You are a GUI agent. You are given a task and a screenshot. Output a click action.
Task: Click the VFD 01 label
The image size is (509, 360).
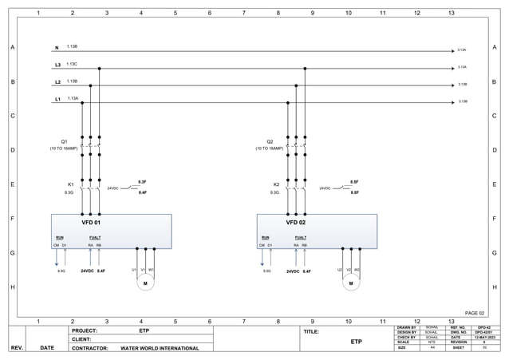(x=92, y=223)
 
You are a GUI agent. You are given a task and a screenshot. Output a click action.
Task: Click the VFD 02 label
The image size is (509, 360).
(x=297, y=223)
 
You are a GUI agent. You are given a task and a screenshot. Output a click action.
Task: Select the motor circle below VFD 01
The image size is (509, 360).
(x=145, y=282)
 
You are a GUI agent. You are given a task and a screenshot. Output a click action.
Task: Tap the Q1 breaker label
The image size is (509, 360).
(x=64, y=141)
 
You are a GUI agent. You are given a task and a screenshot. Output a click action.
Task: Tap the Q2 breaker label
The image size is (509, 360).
(x=270, y=141)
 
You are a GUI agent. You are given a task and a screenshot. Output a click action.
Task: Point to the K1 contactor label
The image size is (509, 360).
(x=70, y=184)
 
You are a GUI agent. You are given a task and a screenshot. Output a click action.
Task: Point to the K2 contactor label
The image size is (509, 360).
(x=275, y=184)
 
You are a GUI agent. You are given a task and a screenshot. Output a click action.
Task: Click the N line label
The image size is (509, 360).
(x=57, y=48)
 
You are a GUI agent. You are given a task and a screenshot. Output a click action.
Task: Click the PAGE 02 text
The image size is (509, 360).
(x=475, y=313)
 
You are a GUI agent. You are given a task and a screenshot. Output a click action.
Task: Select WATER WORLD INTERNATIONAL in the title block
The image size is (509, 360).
(x=160, y=348)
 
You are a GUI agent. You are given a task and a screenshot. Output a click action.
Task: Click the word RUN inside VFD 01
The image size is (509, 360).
(x=59, y=237)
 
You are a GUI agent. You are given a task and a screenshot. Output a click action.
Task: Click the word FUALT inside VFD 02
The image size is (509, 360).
(x=300, y=237)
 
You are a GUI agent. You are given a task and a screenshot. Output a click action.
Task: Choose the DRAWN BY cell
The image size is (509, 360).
(x=407, y=327)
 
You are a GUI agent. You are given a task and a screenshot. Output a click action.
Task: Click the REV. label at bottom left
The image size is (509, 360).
(x=17, y=348)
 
